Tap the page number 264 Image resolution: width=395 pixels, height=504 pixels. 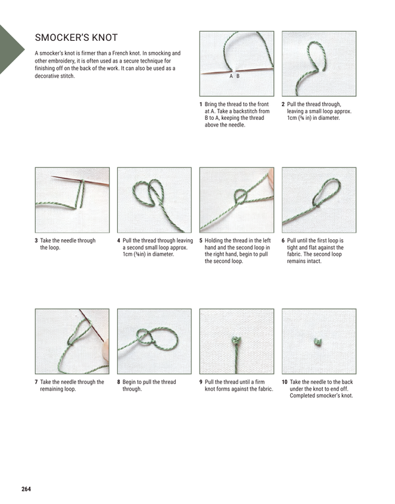coord(26,489)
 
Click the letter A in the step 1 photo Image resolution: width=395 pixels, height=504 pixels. coord(231,76)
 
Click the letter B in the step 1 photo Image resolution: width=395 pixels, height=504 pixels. coord(238,76)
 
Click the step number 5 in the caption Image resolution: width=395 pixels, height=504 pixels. coord(200,241)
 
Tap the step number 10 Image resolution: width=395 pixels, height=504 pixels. coord(284,381)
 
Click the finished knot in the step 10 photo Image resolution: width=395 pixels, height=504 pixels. coord(317,341)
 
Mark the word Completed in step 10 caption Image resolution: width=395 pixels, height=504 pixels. coord(303,395)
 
